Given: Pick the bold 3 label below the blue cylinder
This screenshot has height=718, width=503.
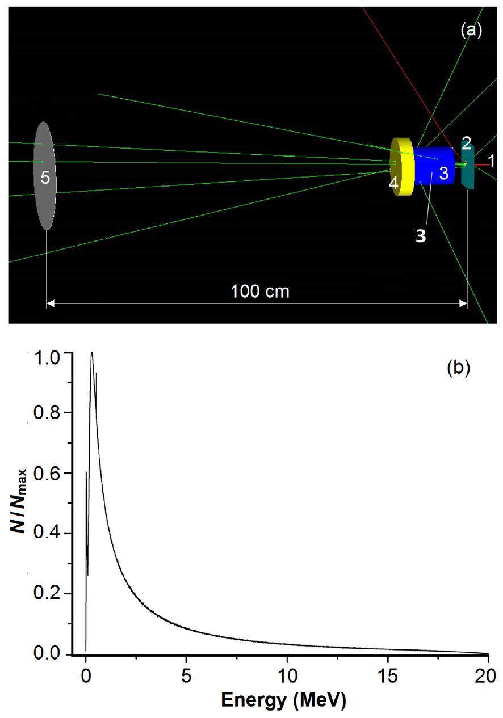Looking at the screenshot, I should coord(420,236).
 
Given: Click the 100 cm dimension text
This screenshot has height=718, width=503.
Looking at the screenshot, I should coord(260,292).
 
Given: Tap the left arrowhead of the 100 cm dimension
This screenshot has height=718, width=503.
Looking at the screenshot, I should coord(50,304).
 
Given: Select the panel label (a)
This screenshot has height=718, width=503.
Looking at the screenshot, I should coord(471,31).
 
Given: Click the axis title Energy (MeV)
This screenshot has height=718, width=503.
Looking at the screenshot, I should coord(282,701).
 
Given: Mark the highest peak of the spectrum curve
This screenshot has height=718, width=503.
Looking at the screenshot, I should coord(91,353).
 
